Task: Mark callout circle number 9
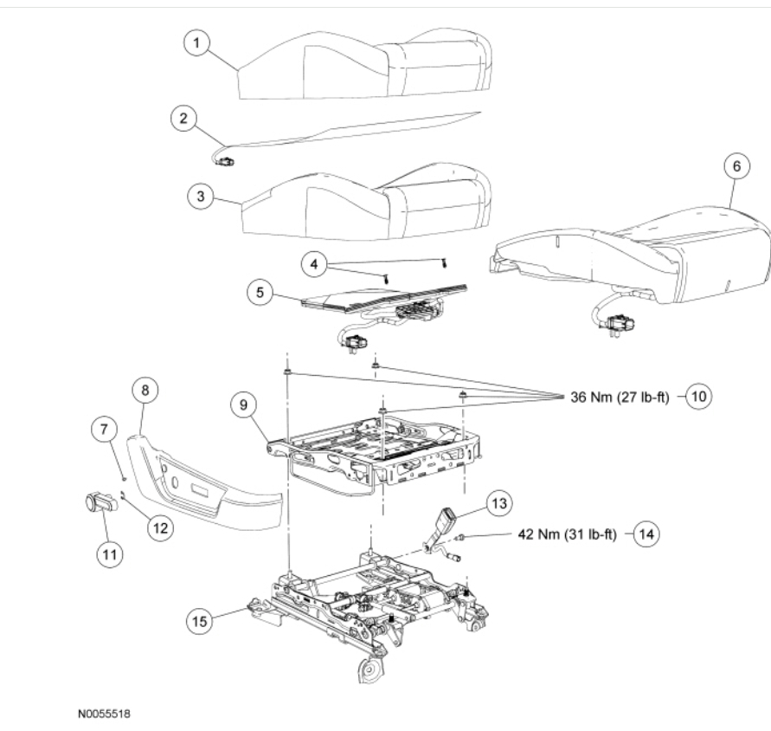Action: click(244, 402)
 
